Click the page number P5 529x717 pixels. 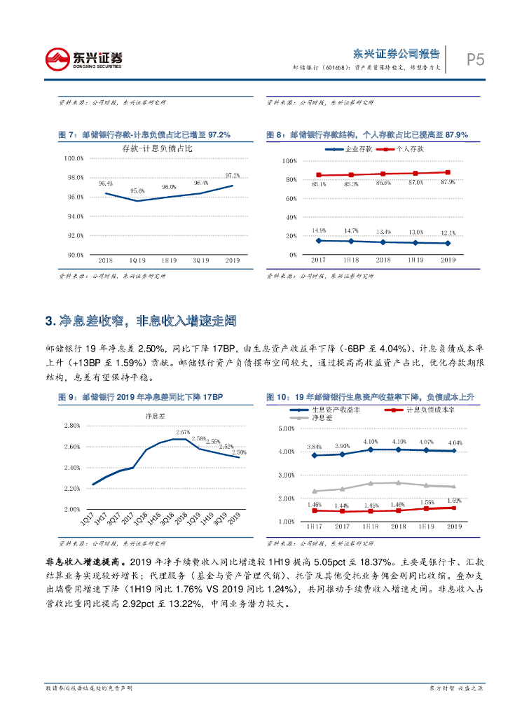click(x=476, y=60)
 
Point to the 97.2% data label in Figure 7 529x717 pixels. click(x=233, y=175)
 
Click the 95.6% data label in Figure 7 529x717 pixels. click(x=137, y=190)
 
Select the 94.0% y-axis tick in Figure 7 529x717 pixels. click(x=74, y=216)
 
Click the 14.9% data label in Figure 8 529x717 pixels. click(x=319, y=230)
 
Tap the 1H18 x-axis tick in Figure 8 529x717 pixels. click(x=351, y=260)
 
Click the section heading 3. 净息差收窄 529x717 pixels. click(x=141, y=321)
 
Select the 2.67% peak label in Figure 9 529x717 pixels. click(x=183, y=432)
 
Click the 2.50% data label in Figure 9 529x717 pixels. click(x=238, y=453)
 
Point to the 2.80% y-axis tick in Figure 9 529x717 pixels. click(x=72, y=426)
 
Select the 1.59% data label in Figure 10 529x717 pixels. click(x=454, y=501)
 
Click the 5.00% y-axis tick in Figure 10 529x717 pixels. click(x=287, y=429)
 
